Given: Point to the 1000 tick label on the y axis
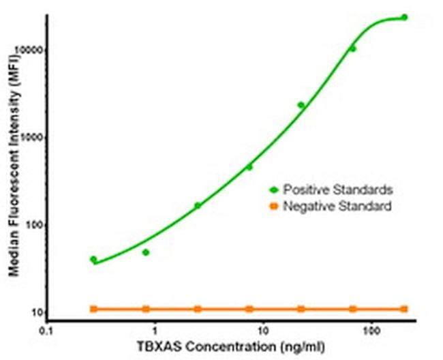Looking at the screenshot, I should tap(34, 138).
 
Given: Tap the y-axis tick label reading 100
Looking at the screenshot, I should tap(36, 226).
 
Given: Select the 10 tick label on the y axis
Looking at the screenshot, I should tap(38, 313).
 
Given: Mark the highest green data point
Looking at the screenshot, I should tap(404, 17).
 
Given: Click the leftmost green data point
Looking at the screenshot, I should tap(93, 259).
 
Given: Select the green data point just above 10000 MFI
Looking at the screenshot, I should tap(352, 48).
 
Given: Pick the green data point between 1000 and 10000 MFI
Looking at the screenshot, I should tap(301, 105).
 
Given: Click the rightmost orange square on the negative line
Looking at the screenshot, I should tap(404, 309).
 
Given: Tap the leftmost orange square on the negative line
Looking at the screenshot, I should tap(93, 309).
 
